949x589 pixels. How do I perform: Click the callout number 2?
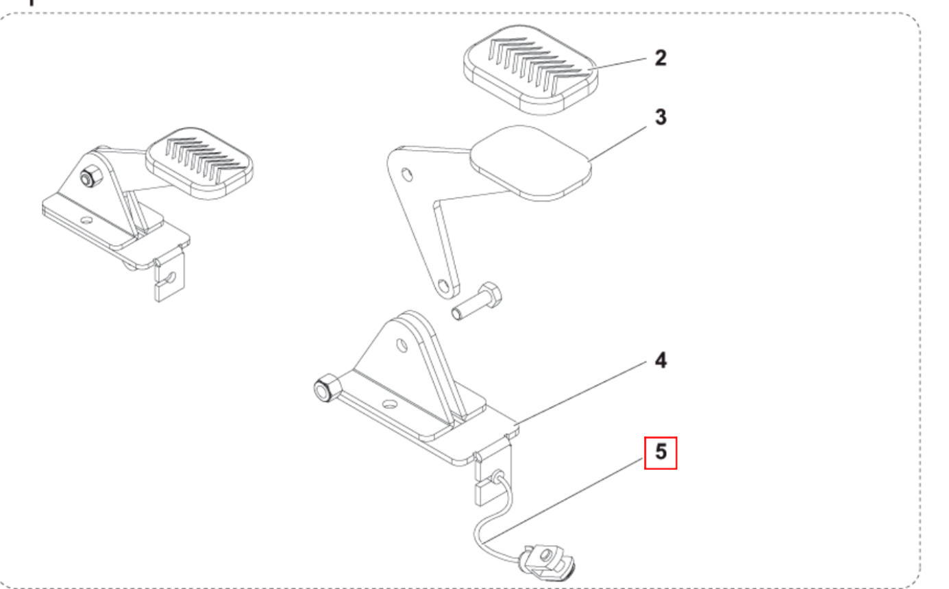(661, 58)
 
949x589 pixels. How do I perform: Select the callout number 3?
(661, 117)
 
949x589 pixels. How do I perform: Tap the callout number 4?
(661, 360)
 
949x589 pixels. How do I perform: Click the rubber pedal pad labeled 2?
(530, 70)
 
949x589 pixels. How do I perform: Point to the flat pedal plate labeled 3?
(530, 162)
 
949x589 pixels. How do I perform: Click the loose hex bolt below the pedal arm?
(477, 301)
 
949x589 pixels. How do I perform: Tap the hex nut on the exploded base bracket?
(327, 388)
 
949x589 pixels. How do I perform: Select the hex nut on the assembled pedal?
(90, 177)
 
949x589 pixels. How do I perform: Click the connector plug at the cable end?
(547, 563)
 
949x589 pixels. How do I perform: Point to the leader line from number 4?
(581, 392)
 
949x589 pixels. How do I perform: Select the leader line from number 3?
(618, 143)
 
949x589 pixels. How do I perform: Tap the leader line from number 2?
(617, 64)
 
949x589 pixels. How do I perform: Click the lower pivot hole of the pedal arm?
(443, 286)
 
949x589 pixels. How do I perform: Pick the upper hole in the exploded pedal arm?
(407, 175)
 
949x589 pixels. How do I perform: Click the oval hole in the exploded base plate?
(390, 404)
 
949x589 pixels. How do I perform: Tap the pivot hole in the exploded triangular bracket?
(402, 346)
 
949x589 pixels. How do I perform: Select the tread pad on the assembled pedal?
(199, 163)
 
